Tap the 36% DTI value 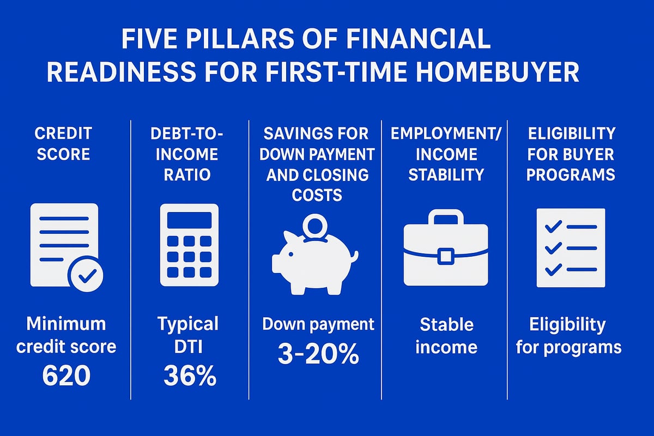click(x=188, y=377)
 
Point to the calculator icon click(x=189, y=245)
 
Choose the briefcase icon click(x=446, y=249)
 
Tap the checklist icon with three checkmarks click(x=571, y=247)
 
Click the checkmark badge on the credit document click(x=86, y=277)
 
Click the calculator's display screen click(x=189, y=220)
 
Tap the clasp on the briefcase click(x=446, y=256)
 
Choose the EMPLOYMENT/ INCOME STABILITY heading click(x=446, y=154)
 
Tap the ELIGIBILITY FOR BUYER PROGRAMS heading click(x=571, y=154)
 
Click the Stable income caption click(x=446, y=336)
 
